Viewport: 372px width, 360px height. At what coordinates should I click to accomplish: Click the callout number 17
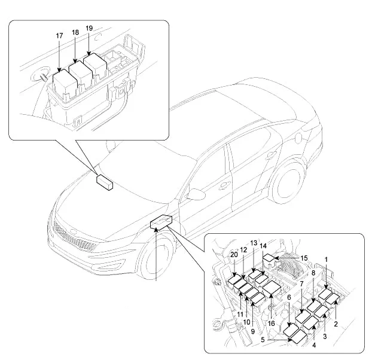[59, 35]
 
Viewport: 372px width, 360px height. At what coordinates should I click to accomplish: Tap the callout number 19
[89, 28]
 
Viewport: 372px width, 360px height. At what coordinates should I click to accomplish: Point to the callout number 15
[304, 258]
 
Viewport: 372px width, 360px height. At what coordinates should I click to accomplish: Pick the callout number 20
[234, 255]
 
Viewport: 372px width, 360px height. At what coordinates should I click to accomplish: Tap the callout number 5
[263, 340]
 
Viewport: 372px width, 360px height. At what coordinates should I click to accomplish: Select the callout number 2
[336, 324]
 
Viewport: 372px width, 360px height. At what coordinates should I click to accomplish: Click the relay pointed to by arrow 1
[325, 295]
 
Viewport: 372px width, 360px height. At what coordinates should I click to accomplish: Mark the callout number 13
[254, 243]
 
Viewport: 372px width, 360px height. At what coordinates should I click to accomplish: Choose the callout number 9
[253, 331]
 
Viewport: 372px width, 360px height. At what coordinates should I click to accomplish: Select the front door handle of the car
[224, 185]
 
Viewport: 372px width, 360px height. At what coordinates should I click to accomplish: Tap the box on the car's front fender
[161, 221]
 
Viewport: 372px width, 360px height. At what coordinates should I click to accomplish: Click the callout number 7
[301, 284]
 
